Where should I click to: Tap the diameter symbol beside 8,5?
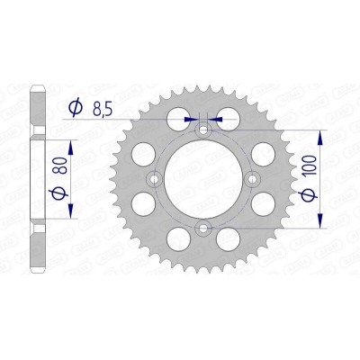76,108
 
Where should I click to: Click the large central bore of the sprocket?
202,178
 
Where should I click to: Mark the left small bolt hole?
155,178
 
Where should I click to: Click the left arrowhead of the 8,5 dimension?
193,117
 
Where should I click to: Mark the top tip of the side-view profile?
37,88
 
